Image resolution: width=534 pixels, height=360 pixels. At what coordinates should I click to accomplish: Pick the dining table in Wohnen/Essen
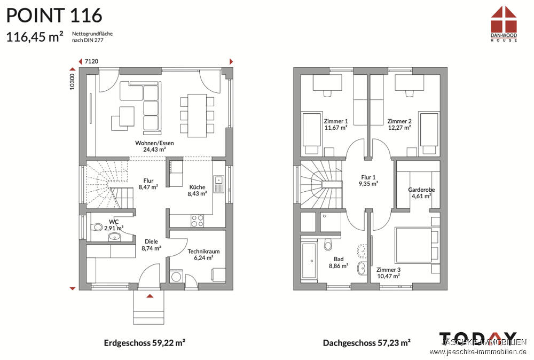click(197, 113)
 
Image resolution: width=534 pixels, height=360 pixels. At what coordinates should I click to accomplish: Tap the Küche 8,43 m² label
click(197, 191)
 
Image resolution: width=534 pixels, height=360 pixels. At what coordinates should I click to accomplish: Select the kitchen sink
click(218, 185)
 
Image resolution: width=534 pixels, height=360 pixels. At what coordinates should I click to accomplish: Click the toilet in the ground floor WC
click(97, 228)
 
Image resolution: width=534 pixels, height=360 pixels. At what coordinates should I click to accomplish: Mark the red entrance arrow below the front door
click(150, 295)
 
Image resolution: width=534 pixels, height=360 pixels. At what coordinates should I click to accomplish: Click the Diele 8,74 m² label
click(151, 245)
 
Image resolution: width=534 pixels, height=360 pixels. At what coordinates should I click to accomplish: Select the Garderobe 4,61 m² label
click(421, 193)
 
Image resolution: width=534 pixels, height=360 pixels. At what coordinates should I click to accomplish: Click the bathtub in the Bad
click(309, 262)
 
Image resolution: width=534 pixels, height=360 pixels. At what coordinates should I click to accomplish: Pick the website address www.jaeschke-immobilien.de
click(478, 351)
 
